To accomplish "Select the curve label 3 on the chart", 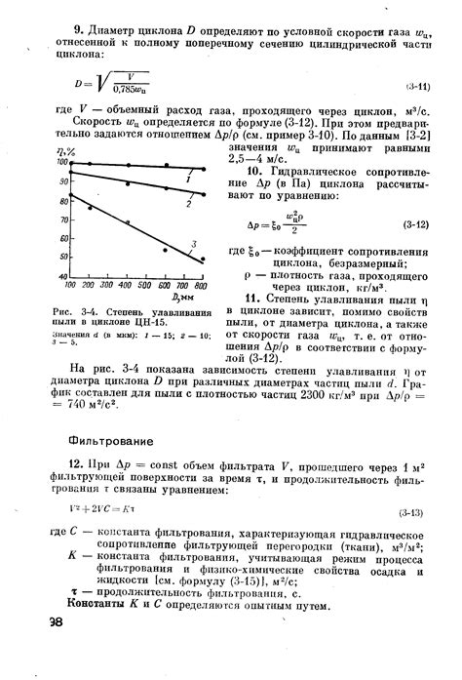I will (x=195, y=243).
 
